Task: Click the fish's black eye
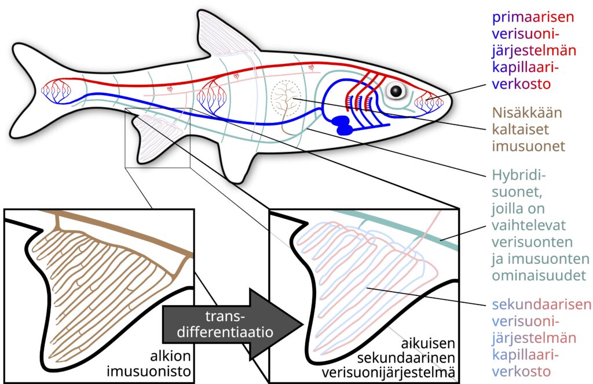[397, 91]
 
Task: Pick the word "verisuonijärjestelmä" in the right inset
[405, 369]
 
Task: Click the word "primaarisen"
[532, 17]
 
